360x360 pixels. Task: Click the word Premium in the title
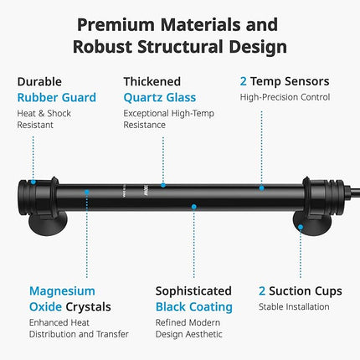(116, 25)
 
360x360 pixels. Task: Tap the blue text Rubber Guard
(57, 98)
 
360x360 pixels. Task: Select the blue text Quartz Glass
(160, 98)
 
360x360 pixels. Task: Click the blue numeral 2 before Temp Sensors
(244, 81)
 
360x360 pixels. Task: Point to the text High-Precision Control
(285, 97)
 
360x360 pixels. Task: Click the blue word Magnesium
(62, 291)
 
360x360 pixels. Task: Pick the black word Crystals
(88, 307)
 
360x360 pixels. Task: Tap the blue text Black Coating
(194, 307)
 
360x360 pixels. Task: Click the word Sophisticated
(193, 291)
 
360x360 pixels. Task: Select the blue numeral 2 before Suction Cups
(262, 291)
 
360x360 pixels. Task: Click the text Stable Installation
(294, 306)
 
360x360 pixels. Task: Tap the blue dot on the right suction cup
(301, 227)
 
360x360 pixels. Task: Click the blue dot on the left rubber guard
(33, 182)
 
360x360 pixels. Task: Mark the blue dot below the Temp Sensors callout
(261, 188)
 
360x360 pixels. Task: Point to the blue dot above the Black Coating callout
(193, 207)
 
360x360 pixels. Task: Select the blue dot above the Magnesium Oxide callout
(87, 192)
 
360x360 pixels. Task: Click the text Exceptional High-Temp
(169, 114)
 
